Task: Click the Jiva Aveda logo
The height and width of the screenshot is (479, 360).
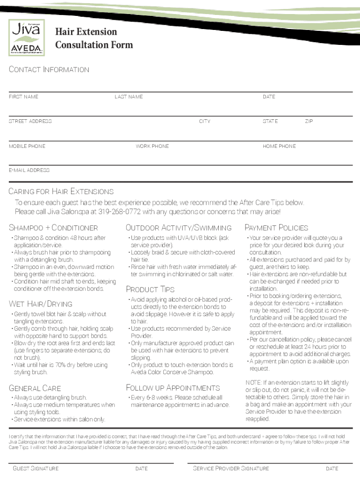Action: point(27,38)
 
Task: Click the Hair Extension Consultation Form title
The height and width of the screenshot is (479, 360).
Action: point(94,38)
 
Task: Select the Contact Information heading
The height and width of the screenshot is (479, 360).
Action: point(49,70)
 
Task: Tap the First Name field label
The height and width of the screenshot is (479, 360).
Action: point(23,97)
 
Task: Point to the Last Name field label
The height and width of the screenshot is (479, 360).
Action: point(129,97)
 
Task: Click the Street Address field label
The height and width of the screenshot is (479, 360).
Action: point(30,122)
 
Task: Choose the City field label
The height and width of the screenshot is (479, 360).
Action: point(204,122)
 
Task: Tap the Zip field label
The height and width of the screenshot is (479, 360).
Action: point(309,122)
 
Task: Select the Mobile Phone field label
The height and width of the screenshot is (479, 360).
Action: point(27,146)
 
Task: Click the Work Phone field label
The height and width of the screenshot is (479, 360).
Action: point(152,146)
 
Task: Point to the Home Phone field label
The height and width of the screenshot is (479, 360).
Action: point(279,146)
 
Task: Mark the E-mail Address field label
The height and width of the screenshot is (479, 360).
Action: point(29,171)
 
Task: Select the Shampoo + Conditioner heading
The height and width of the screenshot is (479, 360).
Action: point(53,228)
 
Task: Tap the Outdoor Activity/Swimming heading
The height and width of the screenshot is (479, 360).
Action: point(179,228)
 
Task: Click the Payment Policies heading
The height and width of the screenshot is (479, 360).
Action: point(276,228)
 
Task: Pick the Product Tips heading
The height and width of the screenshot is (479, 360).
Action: point(150,289)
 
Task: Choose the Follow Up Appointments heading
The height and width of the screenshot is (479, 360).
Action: point(173,388)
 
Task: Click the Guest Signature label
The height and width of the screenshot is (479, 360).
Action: point(36,468)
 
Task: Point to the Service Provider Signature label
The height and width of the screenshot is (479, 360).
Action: point(231,468)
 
